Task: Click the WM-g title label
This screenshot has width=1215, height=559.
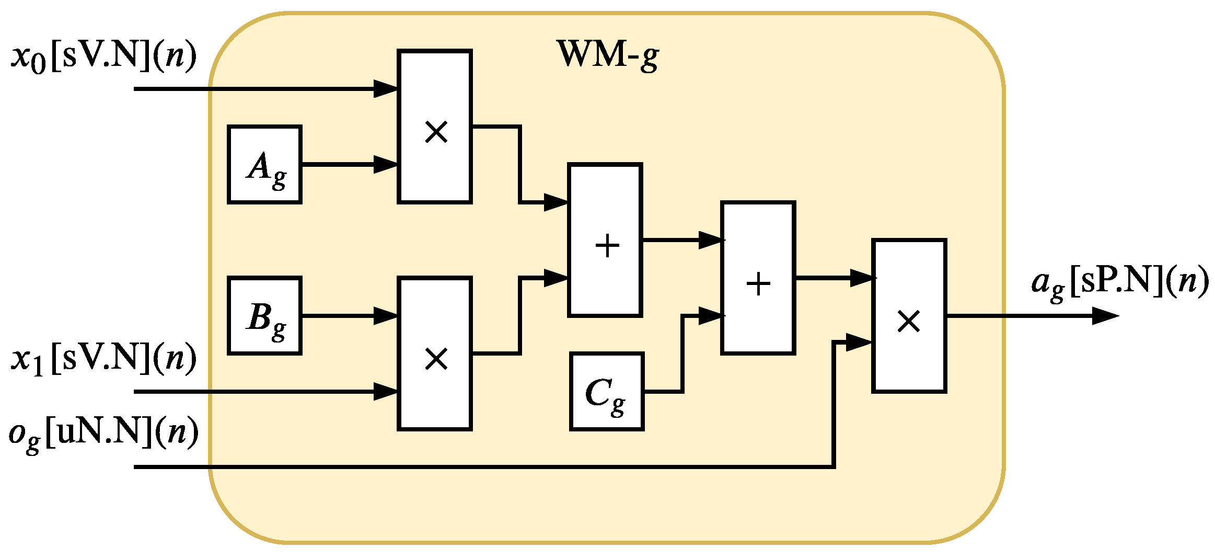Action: (x=608, y=54)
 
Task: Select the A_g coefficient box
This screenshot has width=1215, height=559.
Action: (x=265, y=164)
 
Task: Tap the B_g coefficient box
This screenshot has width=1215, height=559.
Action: (x=265, y=316)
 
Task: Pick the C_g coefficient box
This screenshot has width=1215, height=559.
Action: (x=606, y=391)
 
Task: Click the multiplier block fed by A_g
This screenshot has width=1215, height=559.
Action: (x=435, y=127)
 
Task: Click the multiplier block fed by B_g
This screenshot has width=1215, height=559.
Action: (x=435, y=353)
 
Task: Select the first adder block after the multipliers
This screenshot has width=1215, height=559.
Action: (x=605, y=240)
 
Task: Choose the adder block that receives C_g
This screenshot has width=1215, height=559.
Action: (x=758, y=278)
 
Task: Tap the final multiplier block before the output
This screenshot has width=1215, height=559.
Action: (x=909, y=316)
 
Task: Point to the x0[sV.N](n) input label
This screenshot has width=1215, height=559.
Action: (x=103, y=56)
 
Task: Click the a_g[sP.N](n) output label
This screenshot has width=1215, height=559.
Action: (x=1119, y=282)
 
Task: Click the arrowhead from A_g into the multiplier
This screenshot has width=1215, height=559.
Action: (x=386, y=164)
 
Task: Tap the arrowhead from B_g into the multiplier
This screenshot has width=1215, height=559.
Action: (x=386, y=316)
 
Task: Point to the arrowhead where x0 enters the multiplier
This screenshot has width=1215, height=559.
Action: (x=386, y=89)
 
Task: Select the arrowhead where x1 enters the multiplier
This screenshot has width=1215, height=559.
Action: (x=386, y=391)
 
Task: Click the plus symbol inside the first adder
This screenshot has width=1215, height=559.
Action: (x=607, y=246)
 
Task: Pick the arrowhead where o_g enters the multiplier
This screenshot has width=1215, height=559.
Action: (x=858, y=343)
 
